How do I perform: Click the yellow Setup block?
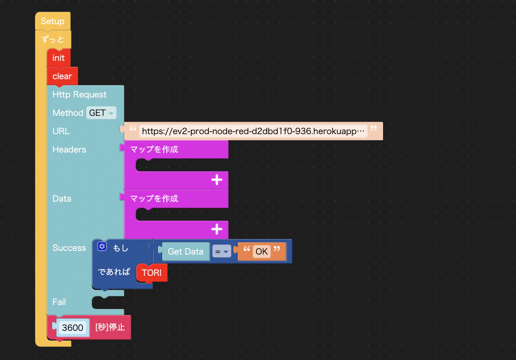point(53,21)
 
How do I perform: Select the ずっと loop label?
point(53,40)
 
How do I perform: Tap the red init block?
point(58,58)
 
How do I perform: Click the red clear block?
point(62,76)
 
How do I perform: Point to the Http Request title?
point(80,95)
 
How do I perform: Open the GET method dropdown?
point(101,113)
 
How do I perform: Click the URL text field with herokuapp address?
point(253,131)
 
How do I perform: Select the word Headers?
point(69,150)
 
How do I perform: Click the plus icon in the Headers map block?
point(217,180)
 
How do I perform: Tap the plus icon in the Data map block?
point(217,229)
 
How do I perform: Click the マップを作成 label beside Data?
point(154,198)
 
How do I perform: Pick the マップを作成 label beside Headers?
point(154,149)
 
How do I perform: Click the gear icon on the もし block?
point(102,246)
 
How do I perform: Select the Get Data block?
point(185,252)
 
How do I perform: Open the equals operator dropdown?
point(222,252)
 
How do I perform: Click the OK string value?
point(262,252)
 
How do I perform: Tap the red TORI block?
point(152,272)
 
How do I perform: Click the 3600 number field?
point(73,327)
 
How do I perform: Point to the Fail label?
point(59,302)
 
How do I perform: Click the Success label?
point(69,248)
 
